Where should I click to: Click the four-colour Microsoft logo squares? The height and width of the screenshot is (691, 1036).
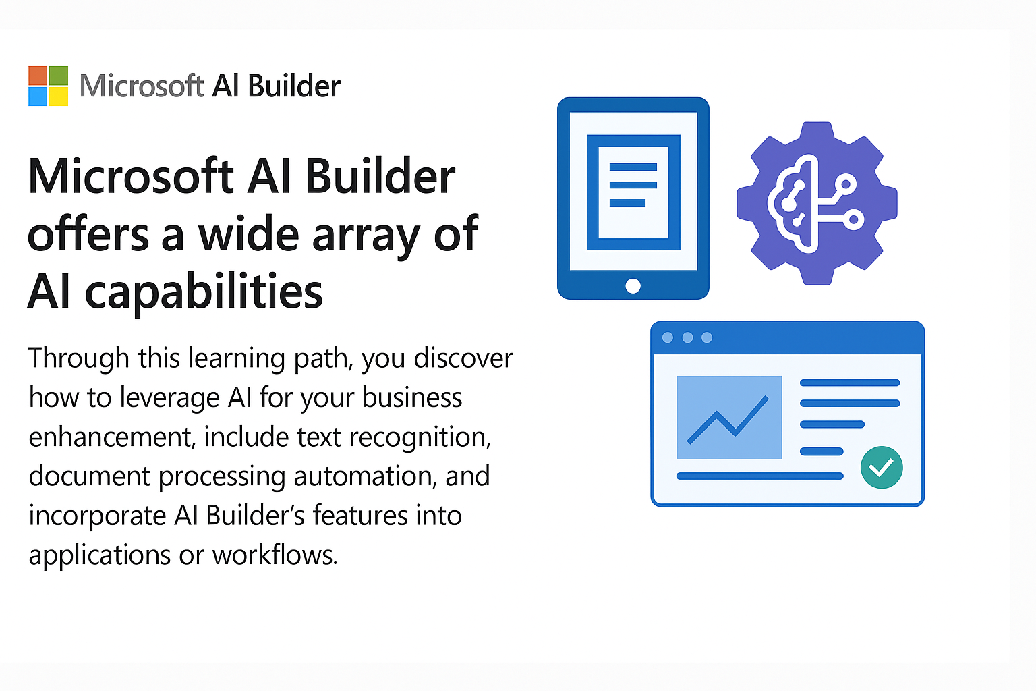(x=48, y=86)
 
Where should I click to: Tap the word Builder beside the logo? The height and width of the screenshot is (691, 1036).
(x=293, y=86)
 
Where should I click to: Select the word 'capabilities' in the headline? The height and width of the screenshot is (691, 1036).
(x=204, y=292)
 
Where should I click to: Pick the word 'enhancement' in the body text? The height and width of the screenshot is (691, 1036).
(x=112, y=437)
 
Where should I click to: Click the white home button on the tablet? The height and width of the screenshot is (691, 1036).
(x=633, y=285)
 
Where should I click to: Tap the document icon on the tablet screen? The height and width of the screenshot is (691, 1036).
(x=633, y=192)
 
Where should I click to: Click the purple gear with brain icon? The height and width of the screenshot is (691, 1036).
(x=817, y=202)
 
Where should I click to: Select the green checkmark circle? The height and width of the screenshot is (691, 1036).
(x=882, y=467)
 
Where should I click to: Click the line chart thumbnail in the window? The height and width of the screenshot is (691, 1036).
(x=729, y=417)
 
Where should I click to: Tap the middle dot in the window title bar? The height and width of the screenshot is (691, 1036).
(x=687, y=337)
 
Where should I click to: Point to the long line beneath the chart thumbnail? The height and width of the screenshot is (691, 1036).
(x=759, y=476)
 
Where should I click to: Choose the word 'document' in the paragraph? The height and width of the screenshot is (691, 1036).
(x=90, y=476)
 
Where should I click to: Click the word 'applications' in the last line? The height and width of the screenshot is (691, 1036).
(x=99, y=555)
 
